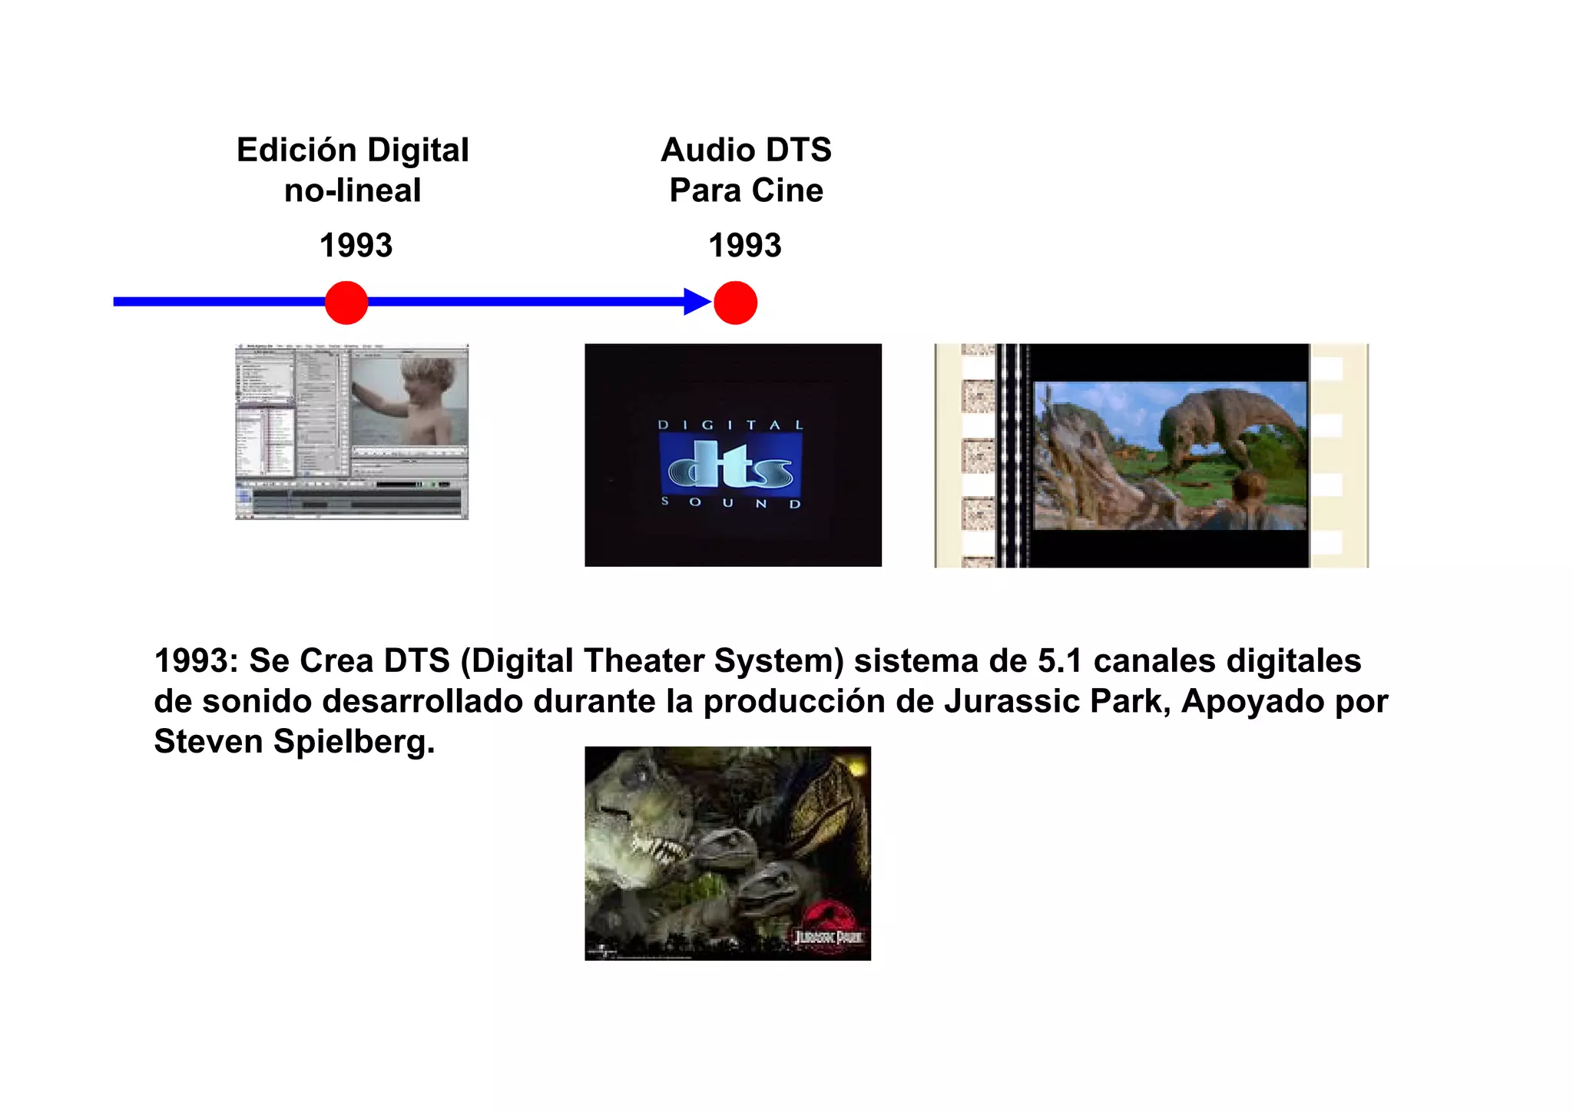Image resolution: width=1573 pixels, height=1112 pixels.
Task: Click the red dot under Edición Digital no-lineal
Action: [x=346, y=303]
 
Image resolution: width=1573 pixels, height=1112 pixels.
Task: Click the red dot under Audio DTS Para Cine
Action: [x=735, y=303]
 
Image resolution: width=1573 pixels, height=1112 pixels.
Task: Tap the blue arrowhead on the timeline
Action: [x=697, y=302]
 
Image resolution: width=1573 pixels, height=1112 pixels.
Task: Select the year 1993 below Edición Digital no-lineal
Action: [x=356, y=246]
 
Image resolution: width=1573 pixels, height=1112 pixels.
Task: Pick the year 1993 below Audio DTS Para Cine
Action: [x=744, y=246]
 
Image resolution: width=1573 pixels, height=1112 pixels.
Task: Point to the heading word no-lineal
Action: [x=353, y=190]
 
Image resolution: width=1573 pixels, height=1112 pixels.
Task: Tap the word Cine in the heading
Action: [x=787, y=190]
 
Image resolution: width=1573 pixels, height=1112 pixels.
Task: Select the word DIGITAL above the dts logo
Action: [x=730, y=425]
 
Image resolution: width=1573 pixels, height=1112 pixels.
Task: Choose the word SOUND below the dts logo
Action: [x=730, y=503]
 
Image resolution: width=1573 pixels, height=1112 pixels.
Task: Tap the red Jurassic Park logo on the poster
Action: [x=827, y=924]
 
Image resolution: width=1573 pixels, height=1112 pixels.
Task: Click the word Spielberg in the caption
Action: [x=354, y=742]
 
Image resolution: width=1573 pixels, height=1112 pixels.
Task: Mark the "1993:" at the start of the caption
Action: [x=197, y=661]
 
